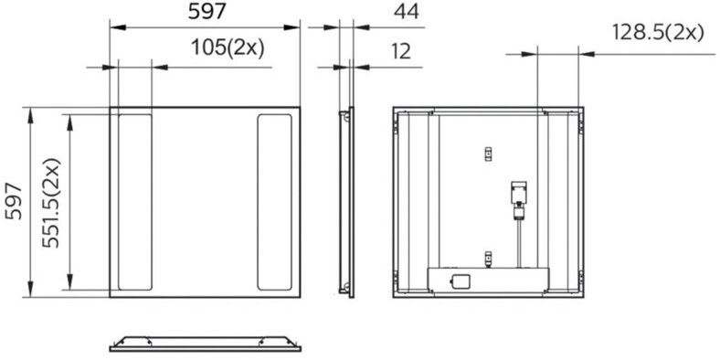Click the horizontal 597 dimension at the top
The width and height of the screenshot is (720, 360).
[207, 12]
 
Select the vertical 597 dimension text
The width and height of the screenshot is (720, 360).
[14, 202]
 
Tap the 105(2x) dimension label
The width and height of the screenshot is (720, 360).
[228, 48]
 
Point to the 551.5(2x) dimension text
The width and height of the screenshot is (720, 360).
[51, 203]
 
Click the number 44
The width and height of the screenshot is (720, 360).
[407, 12]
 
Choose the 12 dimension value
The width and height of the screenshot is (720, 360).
[401, 52]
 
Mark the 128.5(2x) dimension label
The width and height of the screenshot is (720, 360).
[658, 33]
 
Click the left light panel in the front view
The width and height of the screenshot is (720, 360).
[135, 202]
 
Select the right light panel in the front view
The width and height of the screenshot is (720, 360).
[275, 202]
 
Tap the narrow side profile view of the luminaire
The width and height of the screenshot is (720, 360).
[346, 202]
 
